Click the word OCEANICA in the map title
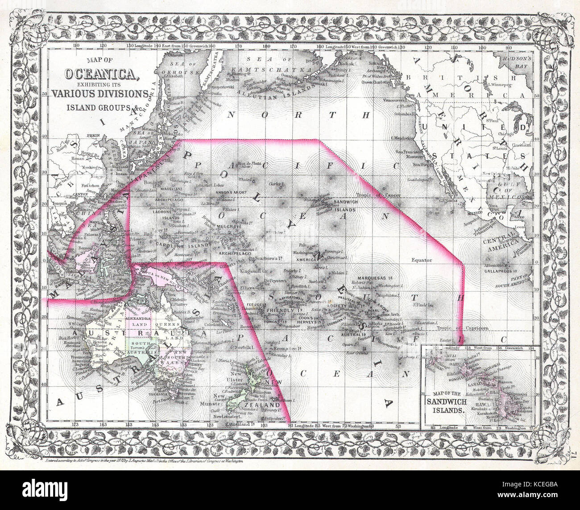pos(102,74)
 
